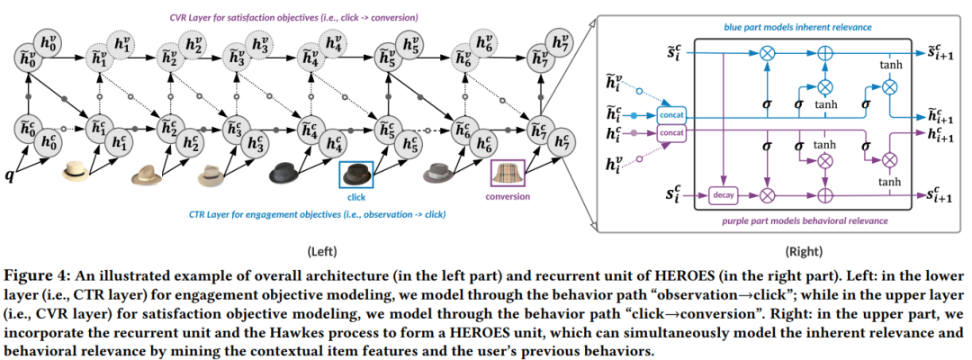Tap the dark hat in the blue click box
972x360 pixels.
pos(355,174)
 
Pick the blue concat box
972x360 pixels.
pos(670,116)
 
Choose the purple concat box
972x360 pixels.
pos(670,132)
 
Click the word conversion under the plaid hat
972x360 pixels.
pos(507,196)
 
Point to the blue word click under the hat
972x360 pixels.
pos(355,196)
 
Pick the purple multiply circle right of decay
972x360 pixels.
pos(768,193)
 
